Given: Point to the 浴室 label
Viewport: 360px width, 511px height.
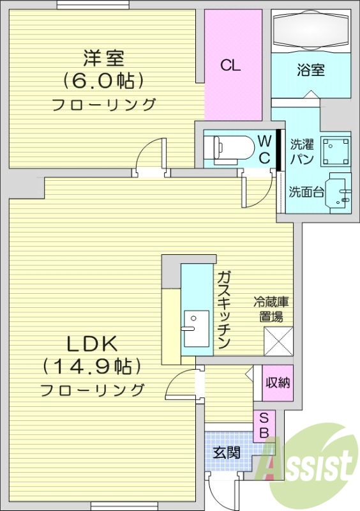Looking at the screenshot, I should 311,70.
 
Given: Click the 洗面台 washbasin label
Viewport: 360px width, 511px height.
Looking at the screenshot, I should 304,191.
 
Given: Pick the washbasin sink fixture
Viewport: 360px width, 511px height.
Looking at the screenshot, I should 338,191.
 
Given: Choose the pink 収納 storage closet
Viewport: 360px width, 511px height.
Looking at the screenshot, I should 278,383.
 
